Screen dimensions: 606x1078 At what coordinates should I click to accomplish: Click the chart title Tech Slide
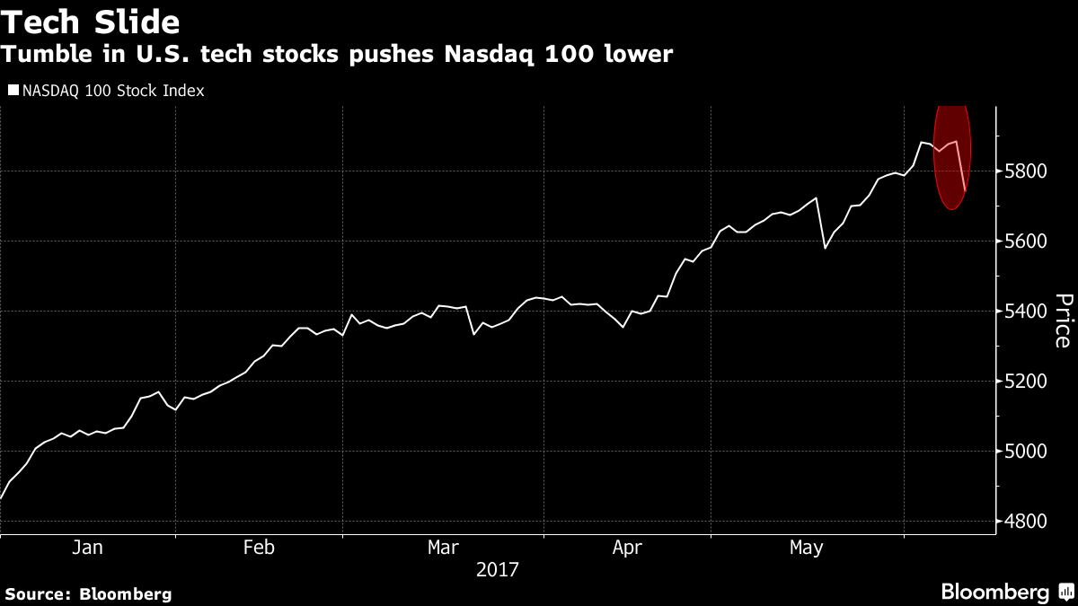(90, 21)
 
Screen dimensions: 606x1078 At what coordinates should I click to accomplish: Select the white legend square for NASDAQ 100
(13, 91)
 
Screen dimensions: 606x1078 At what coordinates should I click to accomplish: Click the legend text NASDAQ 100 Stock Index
(112, 91)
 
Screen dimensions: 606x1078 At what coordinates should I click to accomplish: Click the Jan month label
(88, 548)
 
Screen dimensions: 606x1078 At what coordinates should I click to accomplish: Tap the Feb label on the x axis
(259, 548)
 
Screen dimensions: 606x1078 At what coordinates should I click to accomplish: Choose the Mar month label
(444, 548)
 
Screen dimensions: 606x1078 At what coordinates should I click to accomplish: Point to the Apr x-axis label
(628, 548)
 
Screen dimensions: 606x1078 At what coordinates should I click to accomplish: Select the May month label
(806, 548)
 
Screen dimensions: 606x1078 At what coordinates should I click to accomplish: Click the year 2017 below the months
(498, 569)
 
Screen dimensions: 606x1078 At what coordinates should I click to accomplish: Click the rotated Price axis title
(1063, 321)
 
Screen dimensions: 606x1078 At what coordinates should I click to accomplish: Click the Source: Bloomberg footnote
(88, 593)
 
